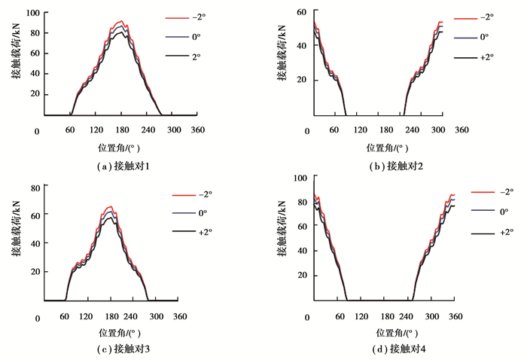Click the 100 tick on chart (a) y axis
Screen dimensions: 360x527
(x=34, y=14)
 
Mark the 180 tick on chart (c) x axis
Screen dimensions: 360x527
(x=133, y=317)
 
